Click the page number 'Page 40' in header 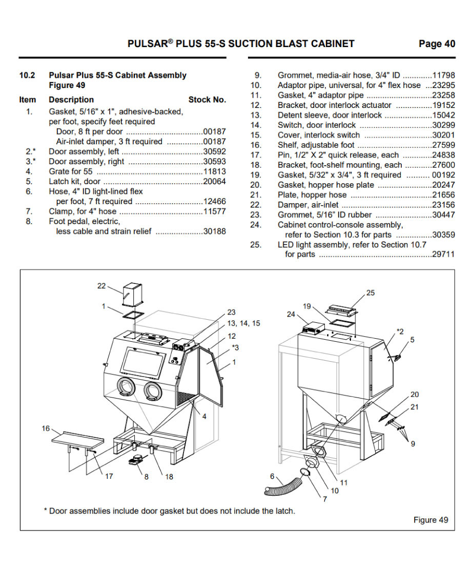(436, 44)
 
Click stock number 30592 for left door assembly (214, 151)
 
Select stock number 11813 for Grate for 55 (214, 171)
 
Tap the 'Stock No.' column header (207, 100)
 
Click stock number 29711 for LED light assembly (443, 254)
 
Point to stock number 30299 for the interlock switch (443, 125)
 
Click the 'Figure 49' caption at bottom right (430, 520)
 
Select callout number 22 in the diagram (101, 286)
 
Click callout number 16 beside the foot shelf (46, 429)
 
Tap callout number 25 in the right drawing (371, 293)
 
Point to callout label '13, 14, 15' (243, 323)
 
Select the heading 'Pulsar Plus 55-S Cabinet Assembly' (117, 75)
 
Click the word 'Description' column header (71, 100)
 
